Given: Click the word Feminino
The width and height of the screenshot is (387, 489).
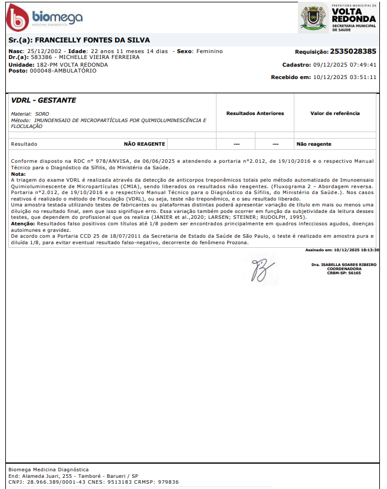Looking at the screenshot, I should tap(211, 51).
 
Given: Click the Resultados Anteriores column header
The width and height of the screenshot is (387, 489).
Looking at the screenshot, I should tap(255, 113).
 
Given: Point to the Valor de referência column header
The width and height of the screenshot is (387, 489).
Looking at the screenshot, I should tap(334, 113).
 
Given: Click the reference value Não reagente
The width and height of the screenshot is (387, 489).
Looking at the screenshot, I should tap(314, 144).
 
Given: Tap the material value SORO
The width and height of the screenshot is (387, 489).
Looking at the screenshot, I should tap(42, 113).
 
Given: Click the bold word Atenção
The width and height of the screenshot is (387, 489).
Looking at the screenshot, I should tap(23, 224).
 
